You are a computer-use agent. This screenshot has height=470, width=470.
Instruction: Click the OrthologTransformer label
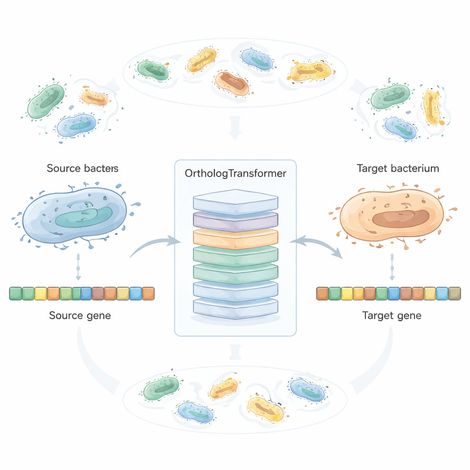[235, 173]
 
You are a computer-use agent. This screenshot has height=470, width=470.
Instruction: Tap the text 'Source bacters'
[83, 168]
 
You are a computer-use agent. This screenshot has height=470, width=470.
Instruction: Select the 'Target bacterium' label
[397, 168]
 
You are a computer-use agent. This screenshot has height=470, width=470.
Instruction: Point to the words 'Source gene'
[80, 316]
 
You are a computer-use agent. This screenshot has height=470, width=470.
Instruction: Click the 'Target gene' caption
[392, 316]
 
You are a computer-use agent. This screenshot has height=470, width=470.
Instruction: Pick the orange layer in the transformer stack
[235, 237]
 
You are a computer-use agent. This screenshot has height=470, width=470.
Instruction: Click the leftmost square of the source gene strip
[16, 293]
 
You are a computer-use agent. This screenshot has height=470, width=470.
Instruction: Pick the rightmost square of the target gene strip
[454, 293]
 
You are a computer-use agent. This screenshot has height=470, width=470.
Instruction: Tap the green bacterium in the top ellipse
[153, 70]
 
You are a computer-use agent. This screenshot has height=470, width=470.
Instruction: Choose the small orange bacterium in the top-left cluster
[95, 97]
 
